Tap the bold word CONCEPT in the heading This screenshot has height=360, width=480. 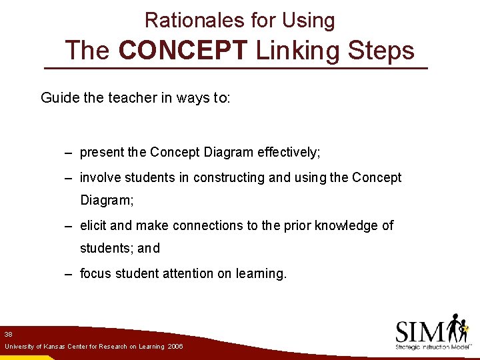[x=186, y=51]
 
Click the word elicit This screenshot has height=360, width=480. [x=93, y=225]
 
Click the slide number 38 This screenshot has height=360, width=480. [x=9, y=333]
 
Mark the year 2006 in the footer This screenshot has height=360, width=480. [x=175, y=347]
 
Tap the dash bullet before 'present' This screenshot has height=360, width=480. [x=69, y=153]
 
